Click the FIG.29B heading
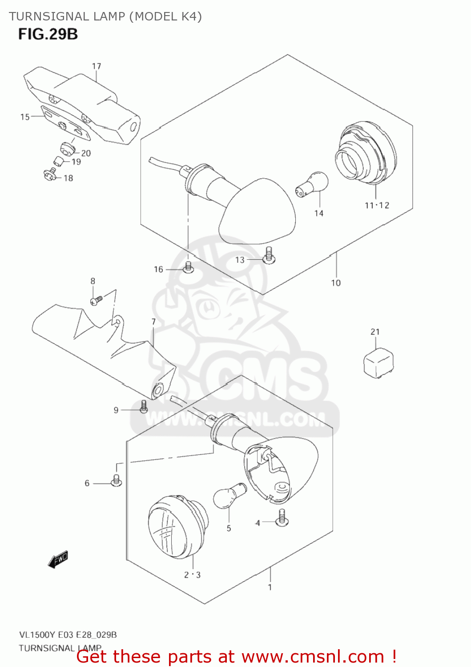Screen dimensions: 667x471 (x=48, y=34)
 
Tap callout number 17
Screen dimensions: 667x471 (x=97, y=66)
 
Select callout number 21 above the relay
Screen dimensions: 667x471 (x=375, y=332)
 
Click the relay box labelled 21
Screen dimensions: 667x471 (x=378, y=362)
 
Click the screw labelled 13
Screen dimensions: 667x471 (x=269, y=255)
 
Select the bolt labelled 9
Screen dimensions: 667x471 (x=144, y=406)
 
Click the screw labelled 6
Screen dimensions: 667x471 (x=117, y=481)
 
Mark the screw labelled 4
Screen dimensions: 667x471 (x=282, y=518)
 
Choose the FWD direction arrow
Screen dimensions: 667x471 (x=58, y=559)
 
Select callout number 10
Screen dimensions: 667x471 (x=336, y=283)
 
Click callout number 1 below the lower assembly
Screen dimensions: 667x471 (x=270, y=587)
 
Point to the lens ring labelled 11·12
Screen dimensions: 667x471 (x=366, y=153)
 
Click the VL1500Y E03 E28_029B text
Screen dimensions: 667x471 (x=68, y=635)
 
